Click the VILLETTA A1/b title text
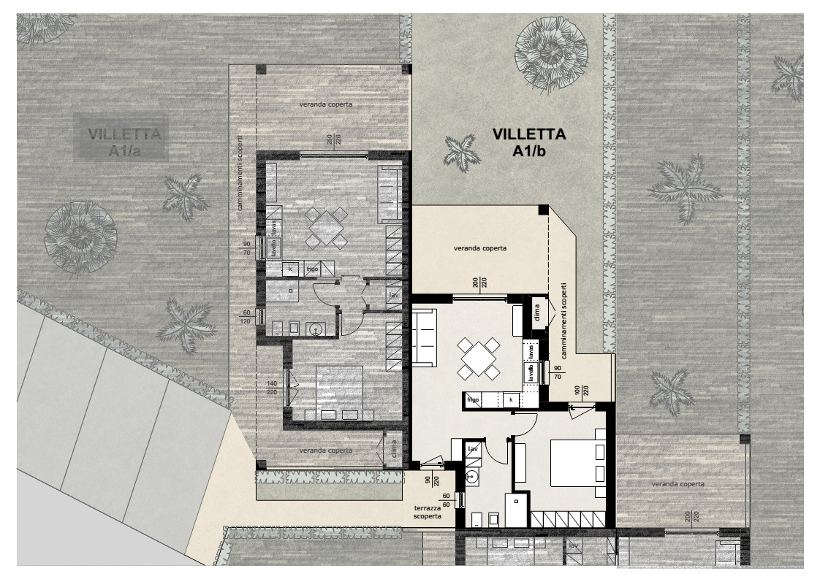tap(528, 142)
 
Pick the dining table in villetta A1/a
tap(327, 228)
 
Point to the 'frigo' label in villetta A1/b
tap(473, 400)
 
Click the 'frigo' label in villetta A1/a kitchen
tap(312, 269)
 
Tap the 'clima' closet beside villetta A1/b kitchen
tap(538, 310)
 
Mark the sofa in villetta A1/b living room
tap(425, 336)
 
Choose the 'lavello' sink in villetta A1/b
tap(531, 373)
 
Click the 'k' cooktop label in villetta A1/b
tap(510, 400)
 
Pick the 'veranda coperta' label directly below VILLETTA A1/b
tap(480, 248)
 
